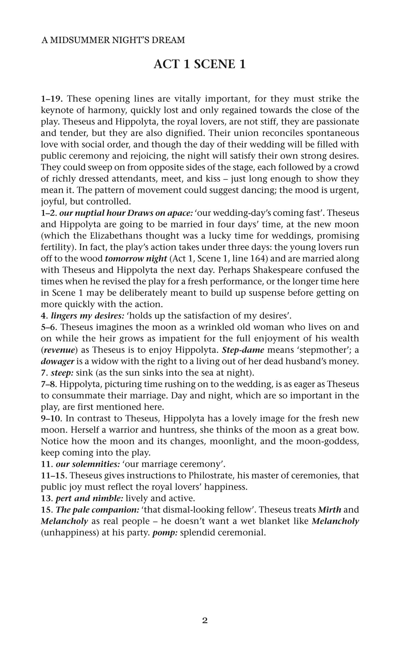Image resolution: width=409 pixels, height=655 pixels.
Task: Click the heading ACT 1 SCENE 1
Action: (199, 65)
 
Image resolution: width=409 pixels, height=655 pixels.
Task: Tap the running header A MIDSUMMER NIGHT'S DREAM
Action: (113, 40)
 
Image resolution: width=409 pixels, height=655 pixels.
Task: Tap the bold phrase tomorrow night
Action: (136, 259)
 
